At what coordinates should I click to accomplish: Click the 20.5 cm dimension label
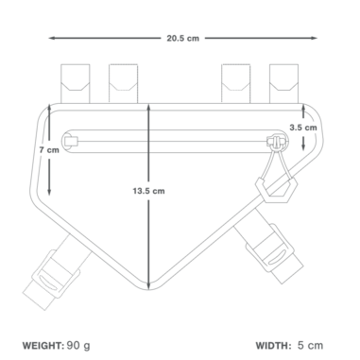click(x=182, y=39)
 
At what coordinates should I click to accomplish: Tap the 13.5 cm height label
click(x=148, y=191)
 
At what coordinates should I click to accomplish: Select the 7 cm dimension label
click(x=49, y=150)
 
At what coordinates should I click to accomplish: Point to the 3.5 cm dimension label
click(x=303, y=128)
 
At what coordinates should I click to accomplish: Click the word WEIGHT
click(x=43, y=346)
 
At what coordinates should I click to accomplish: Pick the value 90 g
click(x=78, y=346)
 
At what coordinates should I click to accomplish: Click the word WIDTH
click(x=273, y=346)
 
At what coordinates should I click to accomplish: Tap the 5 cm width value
click(x=311, y=345)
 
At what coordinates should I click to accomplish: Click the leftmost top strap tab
click(x=76, y=83)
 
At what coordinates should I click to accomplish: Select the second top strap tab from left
click(x=123, y=83)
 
